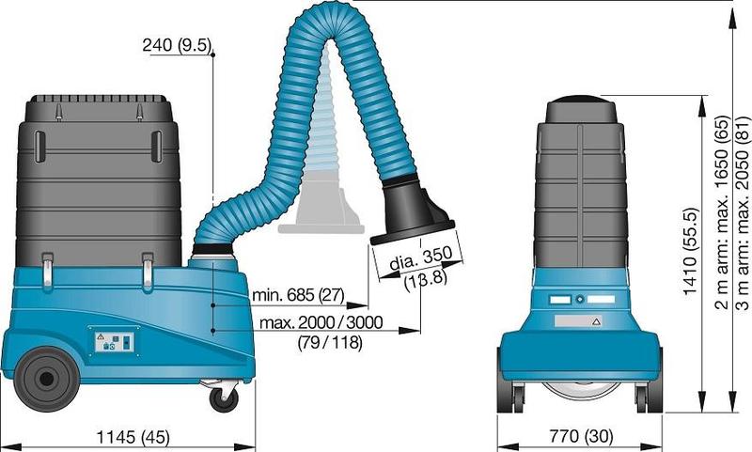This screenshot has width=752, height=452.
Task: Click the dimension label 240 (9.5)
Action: pyautogui.click(x=177, y=45)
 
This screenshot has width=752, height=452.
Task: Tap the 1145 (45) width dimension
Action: pyautogui.click(x=133, y=437)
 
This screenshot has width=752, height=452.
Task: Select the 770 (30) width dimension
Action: pyautogui.click(x=581, y=436)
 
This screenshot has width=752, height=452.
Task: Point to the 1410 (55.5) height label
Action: pyautogui.click(x=690, y=251)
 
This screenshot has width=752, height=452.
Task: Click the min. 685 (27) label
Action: pyautogui.click(x=298, y=295)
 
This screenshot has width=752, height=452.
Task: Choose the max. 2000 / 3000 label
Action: pyautogui.click(x=321, y=322)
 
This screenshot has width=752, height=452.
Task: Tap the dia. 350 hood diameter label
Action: pyautogui.click(x=420, y=258)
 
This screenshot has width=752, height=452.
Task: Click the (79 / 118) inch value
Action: pyautogui.click(x=330, y=342)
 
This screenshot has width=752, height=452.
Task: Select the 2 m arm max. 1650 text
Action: pyautogui.click(x=722, y=212)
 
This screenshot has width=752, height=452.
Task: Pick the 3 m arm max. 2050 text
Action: pyautogui.click(x=742, y=212)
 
